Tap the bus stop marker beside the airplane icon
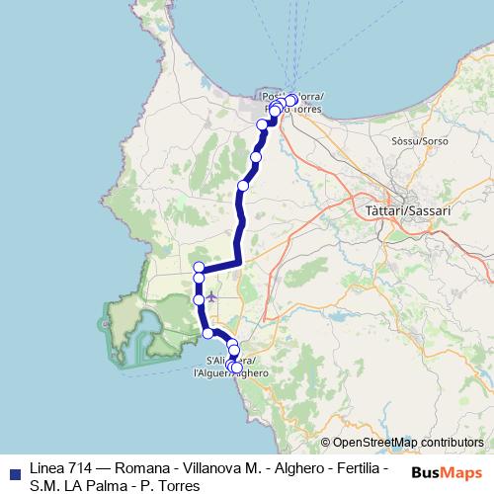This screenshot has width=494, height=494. (x=199, y=298)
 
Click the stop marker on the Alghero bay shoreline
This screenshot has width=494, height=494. (x=207, y=334)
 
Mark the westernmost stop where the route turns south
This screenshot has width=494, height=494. (x=199, y=268)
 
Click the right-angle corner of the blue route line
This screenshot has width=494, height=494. (x=238, y=263)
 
